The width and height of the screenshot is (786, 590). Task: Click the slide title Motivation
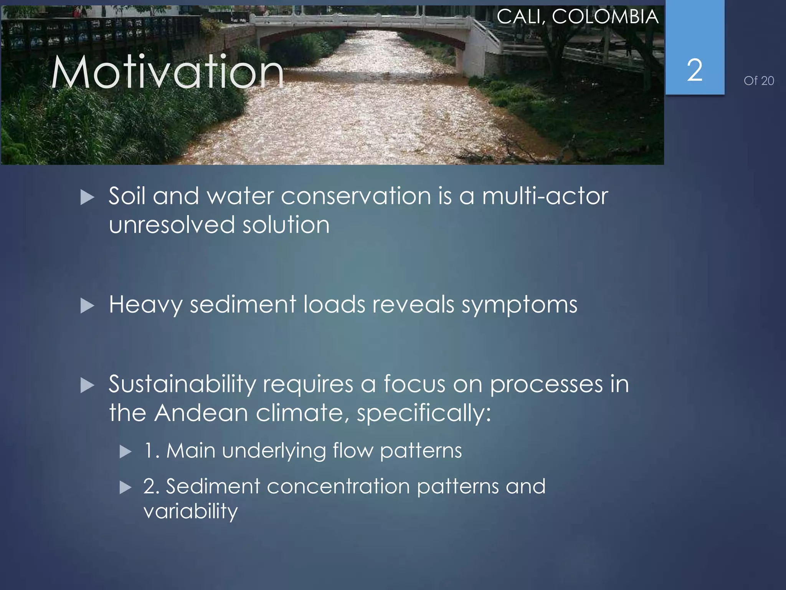[167, 72]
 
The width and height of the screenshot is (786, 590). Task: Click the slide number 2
[694, 71]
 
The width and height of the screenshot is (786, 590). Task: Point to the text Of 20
[758, 81]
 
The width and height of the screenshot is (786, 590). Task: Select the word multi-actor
[545, 196]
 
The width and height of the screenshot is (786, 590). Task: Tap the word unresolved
[172, 225]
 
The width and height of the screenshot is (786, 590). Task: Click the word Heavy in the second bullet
[145, 305]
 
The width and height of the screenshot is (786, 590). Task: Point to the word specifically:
[424, 413]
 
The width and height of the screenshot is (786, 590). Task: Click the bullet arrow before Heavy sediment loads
[87, 306]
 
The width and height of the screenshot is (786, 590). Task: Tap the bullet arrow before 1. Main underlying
[125, 452]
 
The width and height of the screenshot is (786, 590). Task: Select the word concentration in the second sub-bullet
[338, 486]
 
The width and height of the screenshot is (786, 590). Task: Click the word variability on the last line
[190, 511]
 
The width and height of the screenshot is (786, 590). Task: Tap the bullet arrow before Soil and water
[87, 197]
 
